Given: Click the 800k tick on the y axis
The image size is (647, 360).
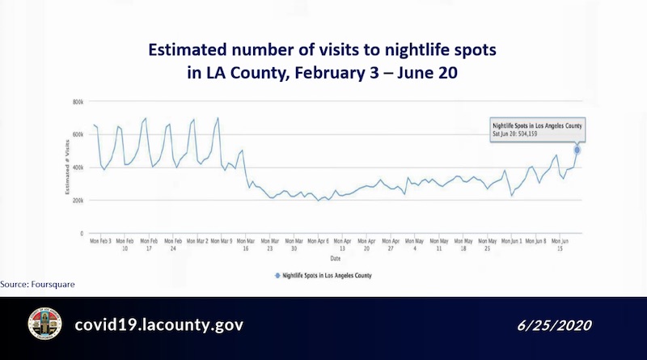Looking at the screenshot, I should pos(78,102).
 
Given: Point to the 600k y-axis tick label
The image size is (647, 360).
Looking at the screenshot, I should pos(78,135).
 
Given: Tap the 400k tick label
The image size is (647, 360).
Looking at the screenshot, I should pos(78,167).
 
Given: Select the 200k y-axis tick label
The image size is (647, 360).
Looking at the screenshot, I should pos(78,201).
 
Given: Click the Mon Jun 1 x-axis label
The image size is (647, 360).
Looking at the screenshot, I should pos(511,241).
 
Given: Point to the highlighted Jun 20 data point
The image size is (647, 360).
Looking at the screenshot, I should pos(577,150).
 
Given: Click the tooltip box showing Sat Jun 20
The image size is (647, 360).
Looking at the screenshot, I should pos(537,130).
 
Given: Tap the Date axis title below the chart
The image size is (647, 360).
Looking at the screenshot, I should pos(334,259).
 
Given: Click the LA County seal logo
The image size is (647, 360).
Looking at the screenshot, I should pos(44,324).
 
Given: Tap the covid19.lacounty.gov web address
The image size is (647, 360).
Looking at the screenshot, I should pos(159,324).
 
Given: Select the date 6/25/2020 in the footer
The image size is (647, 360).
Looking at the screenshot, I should pos(555,325).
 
